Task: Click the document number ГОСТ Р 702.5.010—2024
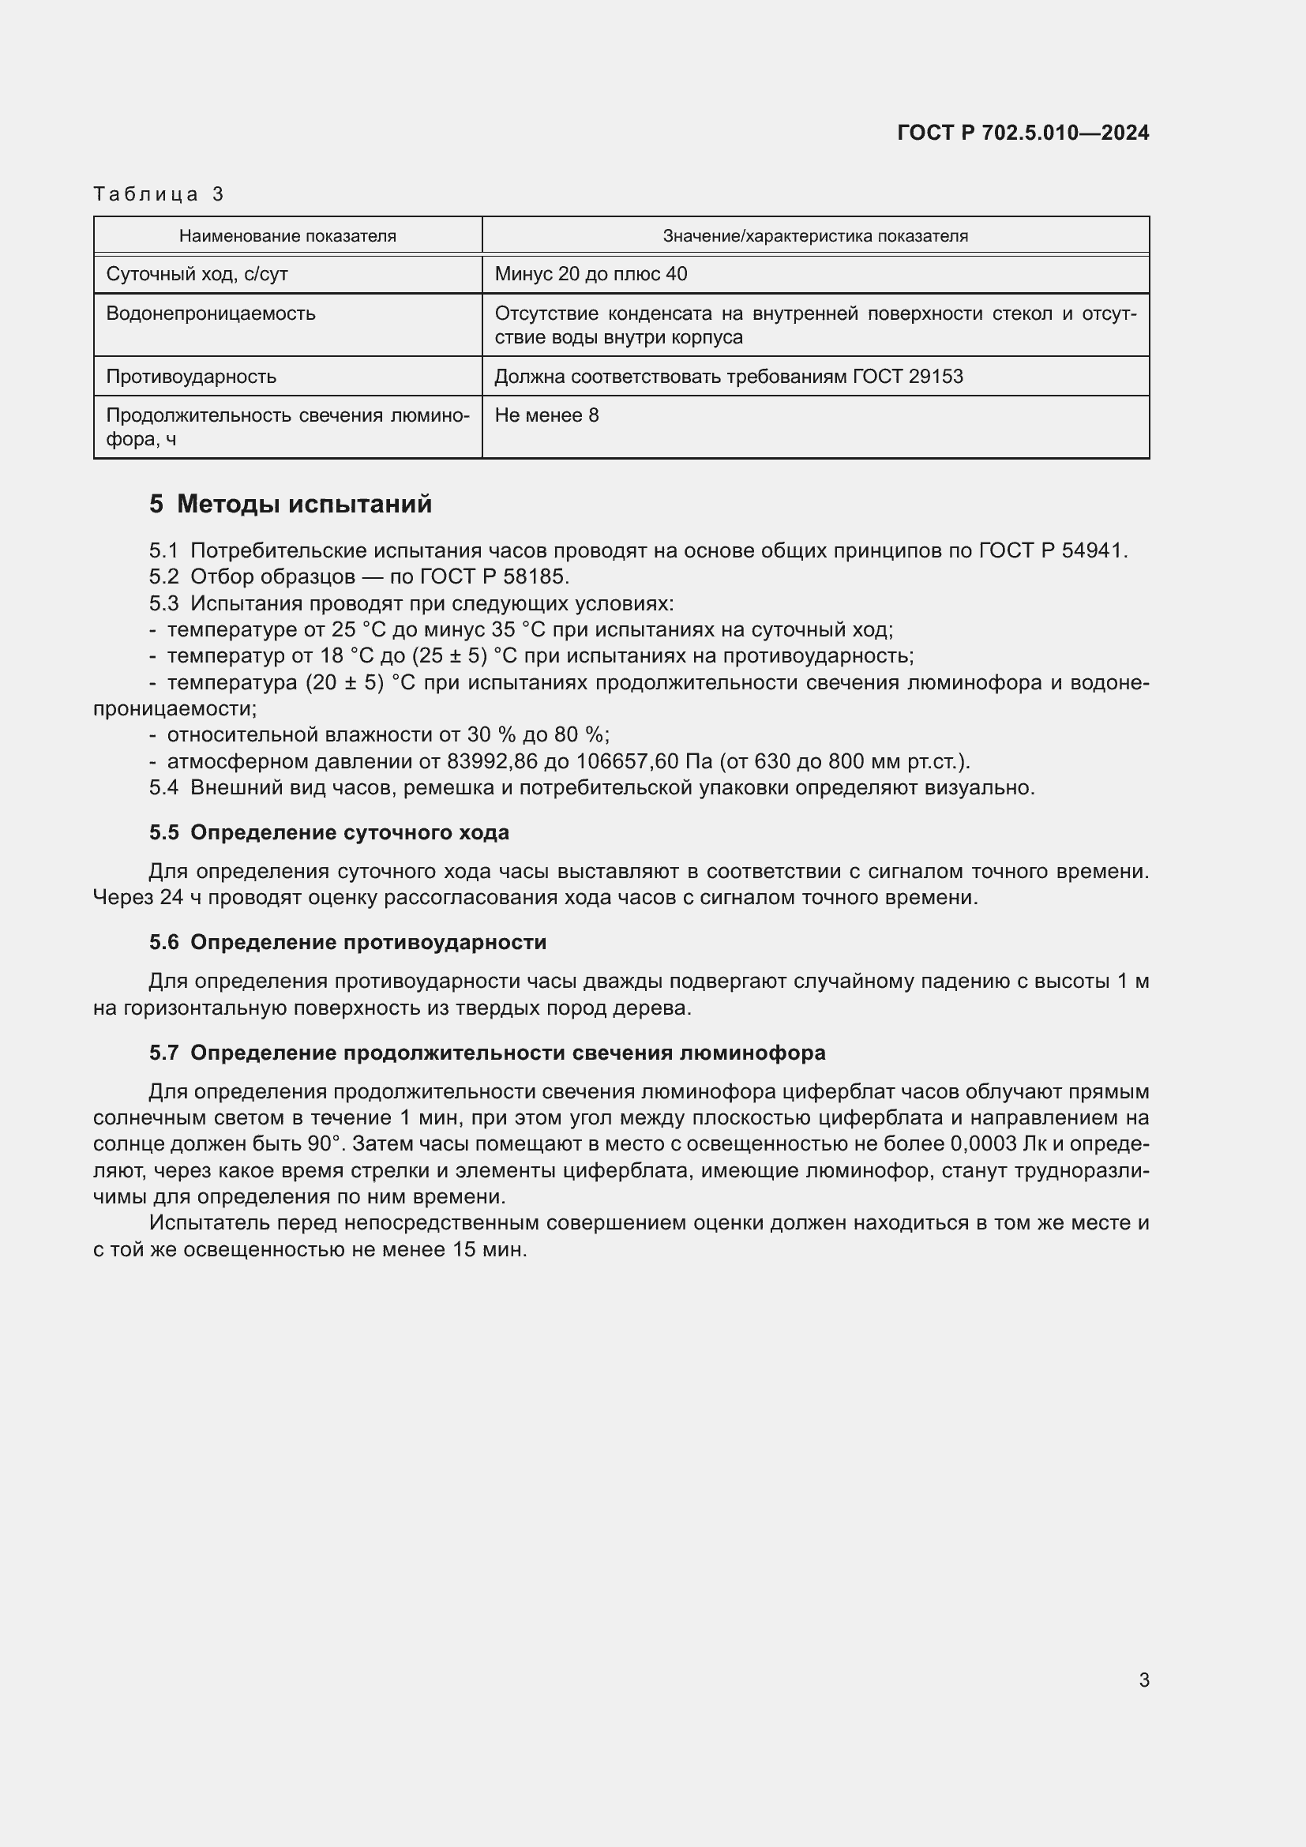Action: coord(1022,133)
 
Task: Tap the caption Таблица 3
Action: coord(159,194)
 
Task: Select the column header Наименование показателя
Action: coord(287,235)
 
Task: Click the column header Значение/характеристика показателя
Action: coord(815,235)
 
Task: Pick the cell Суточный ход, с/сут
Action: coord(197,274)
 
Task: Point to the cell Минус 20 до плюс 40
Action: coord(591,274)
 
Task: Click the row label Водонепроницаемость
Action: coord(211,313)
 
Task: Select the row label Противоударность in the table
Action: coord(191,377)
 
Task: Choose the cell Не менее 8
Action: coord(546,415)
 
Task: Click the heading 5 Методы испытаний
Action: coord(291,505)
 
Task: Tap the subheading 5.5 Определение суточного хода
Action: coord(329,832)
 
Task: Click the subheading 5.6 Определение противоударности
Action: coord(347,942)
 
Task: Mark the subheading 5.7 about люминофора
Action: coord(486,1053)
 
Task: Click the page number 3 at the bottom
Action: coord(1143,1680)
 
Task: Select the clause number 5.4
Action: coord(163,787)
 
